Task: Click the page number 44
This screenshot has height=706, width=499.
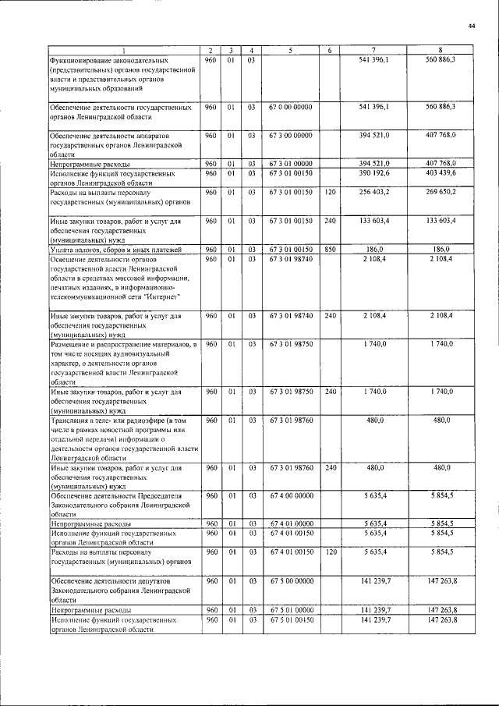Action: (472, 26)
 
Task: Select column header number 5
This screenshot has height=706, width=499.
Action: (290, 51)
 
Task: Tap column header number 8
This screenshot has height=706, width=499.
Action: (441, 51)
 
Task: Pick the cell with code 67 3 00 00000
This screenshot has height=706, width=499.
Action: (290, 135)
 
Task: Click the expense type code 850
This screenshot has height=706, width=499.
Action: (330, 249)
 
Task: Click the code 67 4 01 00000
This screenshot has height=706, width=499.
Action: (290, 524)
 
